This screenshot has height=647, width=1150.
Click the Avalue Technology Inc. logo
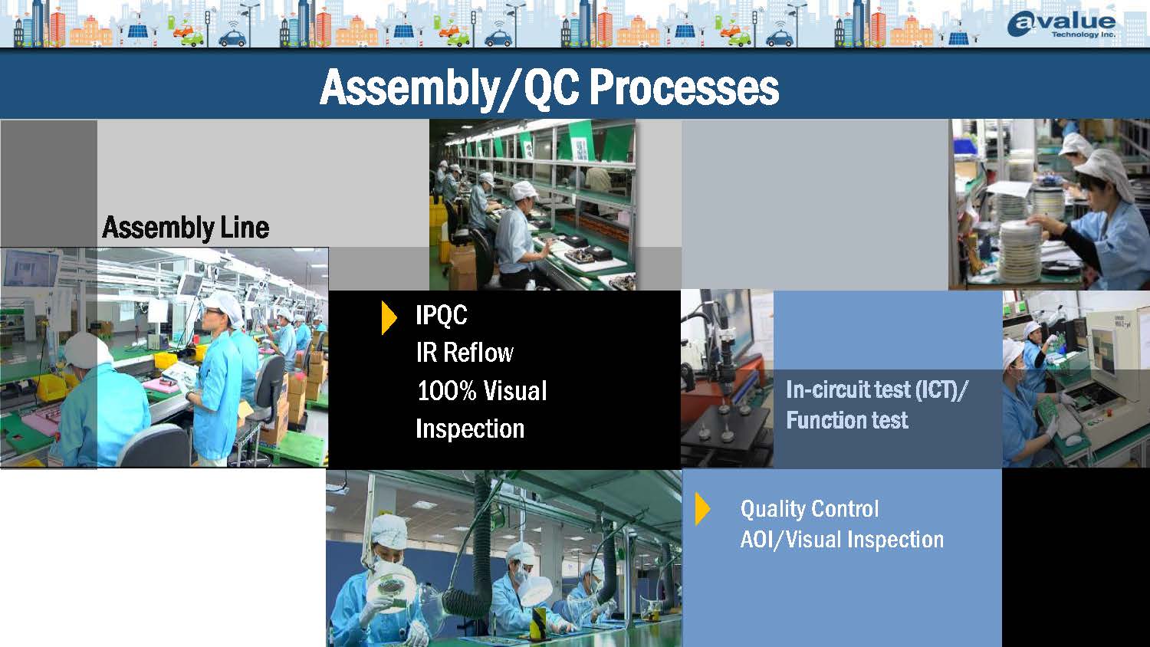(1061, 24)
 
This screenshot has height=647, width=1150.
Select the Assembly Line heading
(186, 228)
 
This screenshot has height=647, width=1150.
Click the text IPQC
(441, 315)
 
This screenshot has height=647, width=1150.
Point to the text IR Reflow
(465, 353)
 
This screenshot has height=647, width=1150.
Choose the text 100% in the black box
(446, 391)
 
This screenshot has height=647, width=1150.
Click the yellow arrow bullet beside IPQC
(389, 318)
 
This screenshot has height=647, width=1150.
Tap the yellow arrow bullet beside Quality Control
(702, 509)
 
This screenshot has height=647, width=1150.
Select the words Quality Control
(810, 509)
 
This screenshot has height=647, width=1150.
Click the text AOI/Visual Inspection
(842, 540)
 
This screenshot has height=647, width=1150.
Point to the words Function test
(847, 421)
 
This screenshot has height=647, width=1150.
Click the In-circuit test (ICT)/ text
(877, 390)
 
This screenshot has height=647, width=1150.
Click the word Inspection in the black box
(470, 429)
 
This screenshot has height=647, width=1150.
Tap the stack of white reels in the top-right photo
(1020, 251)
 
